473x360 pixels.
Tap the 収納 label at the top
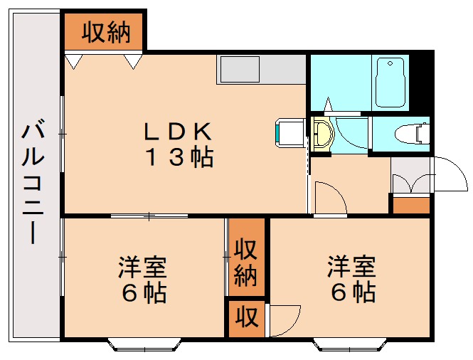pos(105,32)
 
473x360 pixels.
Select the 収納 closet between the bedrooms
pos(246,263)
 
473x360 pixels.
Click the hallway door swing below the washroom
pos(329,197)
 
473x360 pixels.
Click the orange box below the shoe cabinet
pos(412,206)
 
